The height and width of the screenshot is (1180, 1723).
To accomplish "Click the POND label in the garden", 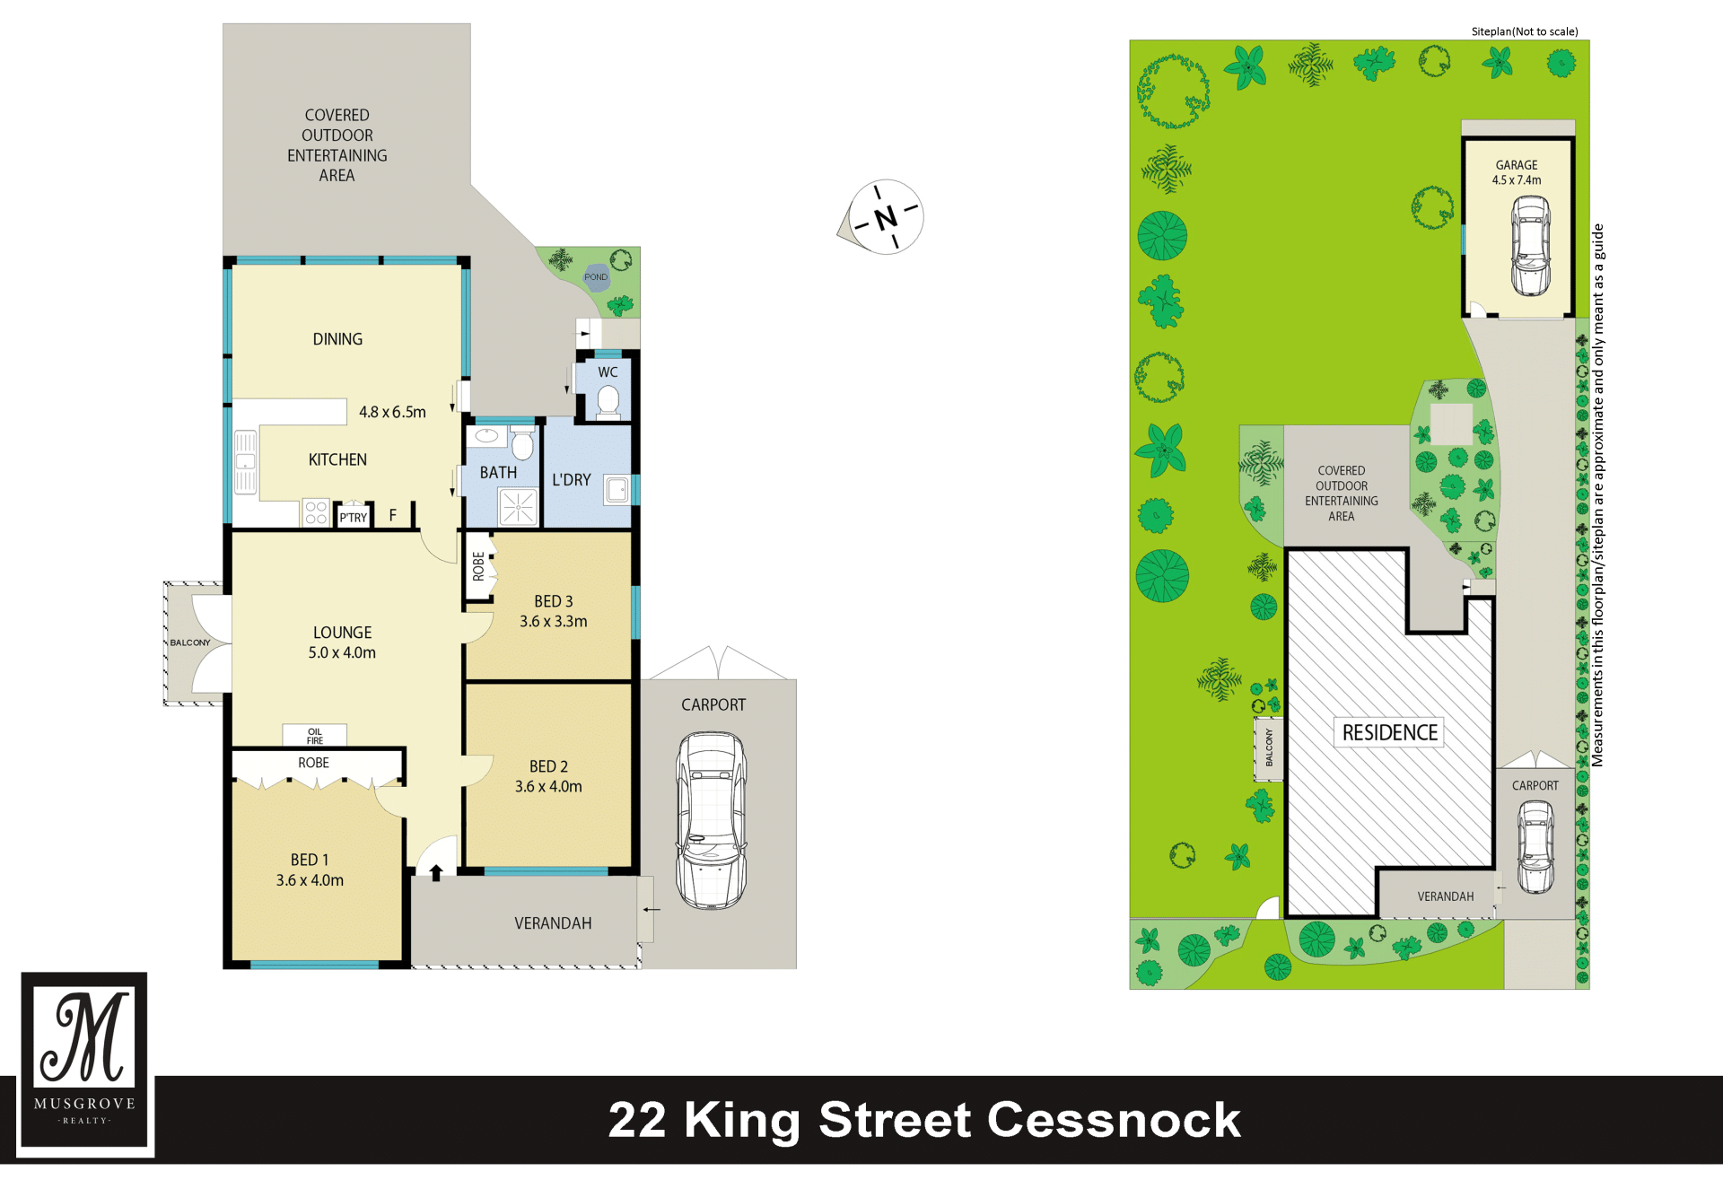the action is click(x=596, y=277).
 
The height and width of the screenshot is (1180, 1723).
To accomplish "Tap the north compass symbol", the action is click(x=882, y=217).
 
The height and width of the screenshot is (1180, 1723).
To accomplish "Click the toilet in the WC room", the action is click(x=608, y=401).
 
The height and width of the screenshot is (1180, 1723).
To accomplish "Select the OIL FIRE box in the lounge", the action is click(x=315, y=736).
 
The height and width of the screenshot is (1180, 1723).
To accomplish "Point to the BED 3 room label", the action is click(x=554, y=601).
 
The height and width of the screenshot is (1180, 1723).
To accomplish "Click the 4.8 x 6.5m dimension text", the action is click(x=392, y=412).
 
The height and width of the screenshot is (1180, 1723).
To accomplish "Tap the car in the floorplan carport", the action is click(x=711, y=820).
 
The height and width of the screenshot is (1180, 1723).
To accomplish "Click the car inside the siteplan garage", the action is click(x=1530, y=245).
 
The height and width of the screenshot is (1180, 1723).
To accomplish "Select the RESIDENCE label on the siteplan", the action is click(x=1390, y=732).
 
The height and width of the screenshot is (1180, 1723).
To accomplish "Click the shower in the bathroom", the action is click(x=519, y=507).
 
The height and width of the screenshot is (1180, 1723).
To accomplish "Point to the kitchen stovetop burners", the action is click(x=316, y=512).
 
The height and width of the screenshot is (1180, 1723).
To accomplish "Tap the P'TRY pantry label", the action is click(x=354, y=518).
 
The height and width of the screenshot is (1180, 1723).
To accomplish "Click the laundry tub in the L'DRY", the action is click(x=617, y=490).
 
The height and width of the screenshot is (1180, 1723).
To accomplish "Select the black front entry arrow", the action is click(x=436, y=872).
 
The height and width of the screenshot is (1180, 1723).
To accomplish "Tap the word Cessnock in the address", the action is click(x=1114, y=1120).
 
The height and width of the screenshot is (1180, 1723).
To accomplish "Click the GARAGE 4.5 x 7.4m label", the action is click(x=1517, y=172).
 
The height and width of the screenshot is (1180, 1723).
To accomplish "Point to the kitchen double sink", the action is click(x=245, y=462).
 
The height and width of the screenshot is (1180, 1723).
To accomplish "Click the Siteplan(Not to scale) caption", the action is click(x=1525, y=31).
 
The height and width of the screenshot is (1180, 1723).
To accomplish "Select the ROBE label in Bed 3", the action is click(x=478, y=566).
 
